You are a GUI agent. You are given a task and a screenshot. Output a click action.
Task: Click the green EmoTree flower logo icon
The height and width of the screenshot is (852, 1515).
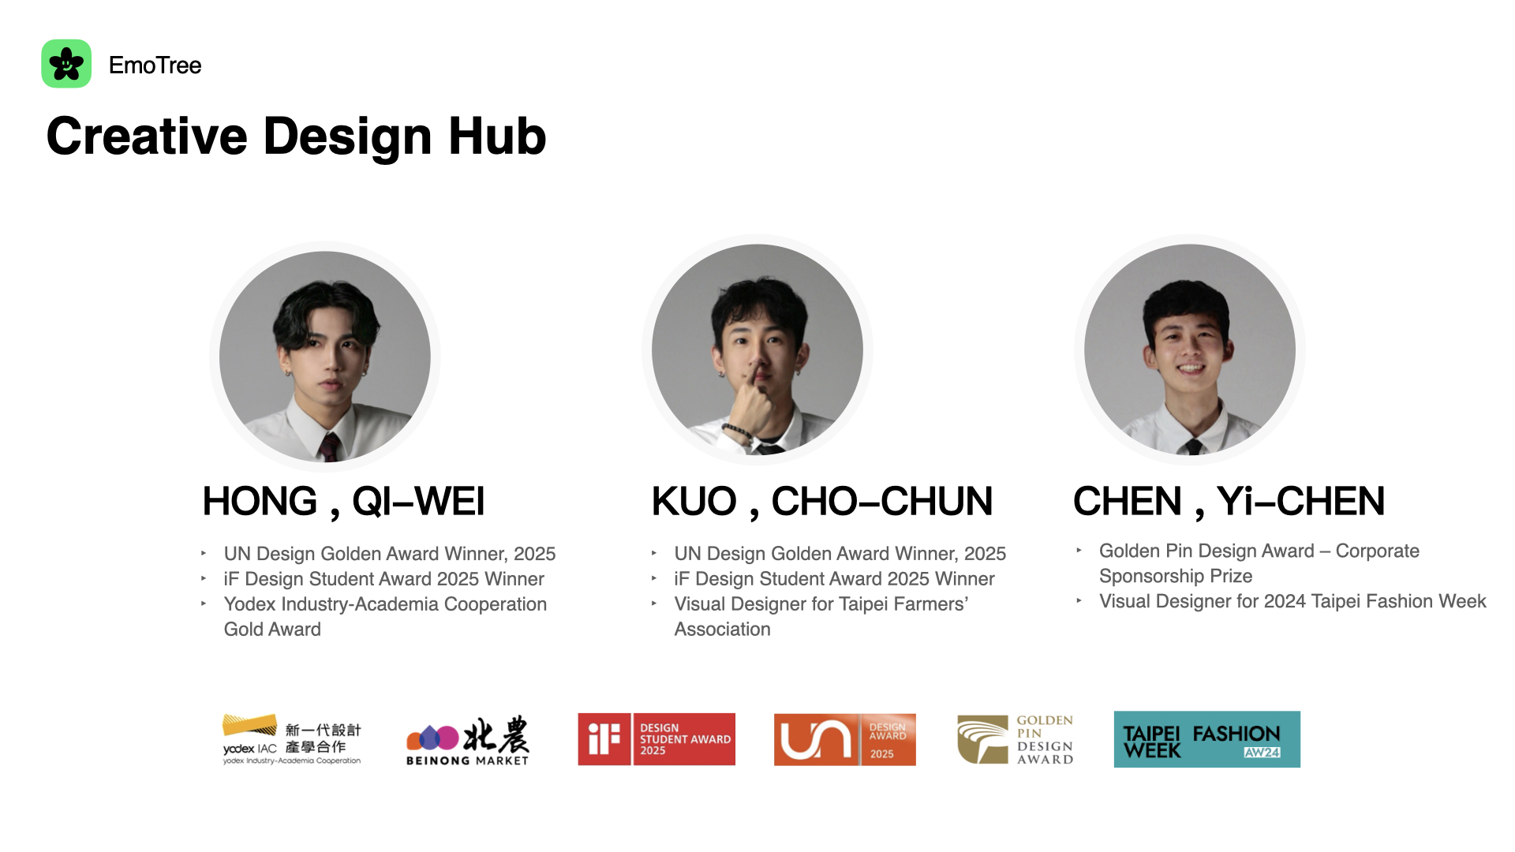66,64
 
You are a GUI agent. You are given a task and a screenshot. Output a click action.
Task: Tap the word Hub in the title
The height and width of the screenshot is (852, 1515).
497,136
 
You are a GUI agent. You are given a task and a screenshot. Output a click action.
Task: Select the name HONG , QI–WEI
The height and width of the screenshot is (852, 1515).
343,502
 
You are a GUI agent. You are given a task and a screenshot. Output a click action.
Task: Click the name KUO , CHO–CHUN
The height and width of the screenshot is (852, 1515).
821,502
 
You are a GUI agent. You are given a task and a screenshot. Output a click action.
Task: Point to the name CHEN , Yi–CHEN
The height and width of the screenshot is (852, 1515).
1229,502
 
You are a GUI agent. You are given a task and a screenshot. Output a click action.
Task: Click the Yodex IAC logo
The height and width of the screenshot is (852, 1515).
292,739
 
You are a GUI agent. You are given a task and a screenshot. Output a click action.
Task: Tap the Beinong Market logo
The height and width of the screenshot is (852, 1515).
468,740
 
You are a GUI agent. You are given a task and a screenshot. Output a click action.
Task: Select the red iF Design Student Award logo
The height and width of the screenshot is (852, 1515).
656,739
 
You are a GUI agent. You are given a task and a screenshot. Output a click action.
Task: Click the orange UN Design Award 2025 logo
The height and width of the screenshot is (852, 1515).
845,739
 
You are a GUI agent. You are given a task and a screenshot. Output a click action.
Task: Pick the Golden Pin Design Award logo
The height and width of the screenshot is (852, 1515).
1016,739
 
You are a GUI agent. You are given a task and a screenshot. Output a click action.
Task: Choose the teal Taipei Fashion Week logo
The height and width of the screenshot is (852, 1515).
1207,739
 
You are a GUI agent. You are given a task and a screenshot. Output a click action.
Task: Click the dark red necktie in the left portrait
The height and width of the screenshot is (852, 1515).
329,447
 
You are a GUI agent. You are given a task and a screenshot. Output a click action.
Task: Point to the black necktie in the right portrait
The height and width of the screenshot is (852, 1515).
1194,447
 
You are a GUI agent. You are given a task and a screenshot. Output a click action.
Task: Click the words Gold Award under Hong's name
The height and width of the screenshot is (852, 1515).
272,630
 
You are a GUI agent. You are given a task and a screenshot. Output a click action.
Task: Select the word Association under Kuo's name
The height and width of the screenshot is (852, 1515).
722,630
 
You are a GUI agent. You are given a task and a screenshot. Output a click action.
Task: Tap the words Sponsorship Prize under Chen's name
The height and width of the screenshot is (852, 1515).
1176,577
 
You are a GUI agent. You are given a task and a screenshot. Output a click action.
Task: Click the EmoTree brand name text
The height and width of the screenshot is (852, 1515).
155,65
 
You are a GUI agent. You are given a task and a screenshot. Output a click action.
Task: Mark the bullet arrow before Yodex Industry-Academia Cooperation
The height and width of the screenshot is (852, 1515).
204,603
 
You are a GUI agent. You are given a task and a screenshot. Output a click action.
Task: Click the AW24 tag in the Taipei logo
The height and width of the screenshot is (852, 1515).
1262,753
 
